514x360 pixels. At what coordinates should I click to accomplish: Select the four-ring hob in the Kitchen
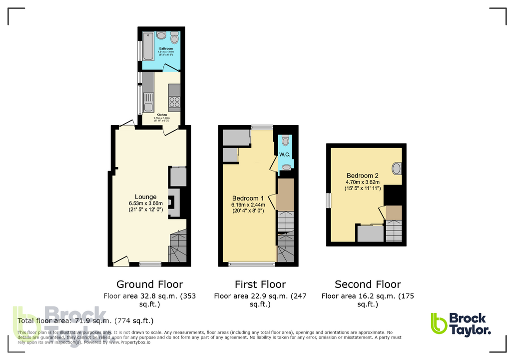pyautogui.click(x=174, y=102)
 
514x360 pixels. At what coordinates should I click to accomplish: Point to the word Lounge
pyautogui.click(x=145, y=197)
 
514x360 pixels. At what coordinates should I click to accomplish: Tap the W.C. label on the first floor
pyautogui.click(x=285, y=154)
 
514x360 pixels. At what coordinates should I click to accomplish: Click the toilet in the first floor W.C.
pyautogui.click(x=285, y=140)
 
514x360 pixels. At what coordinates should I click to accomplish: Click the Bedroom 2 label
pyautogui.click(x=363, y=176)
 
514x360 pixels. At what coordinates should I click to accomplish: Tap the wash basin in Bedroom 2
pyautogui.click(x=396, y=168)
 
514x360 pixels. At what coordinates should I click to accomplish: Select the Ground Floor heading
pyautogui.click(x=149, y=284)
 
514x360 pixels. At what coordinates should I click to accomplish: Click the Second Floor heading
pyautogui.click(x=368, y=284)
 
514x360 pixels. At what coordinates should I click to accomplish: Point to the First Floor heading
pyautogui.click(x=260, y=284)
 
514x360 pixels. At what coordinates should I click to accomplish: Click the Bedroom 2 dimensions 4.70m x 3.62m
pyautogui.click(x=363, y=182)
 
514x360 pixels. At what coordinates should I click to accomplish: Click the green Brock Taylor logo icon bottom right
pyautogui.click(x=439, y=323)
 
